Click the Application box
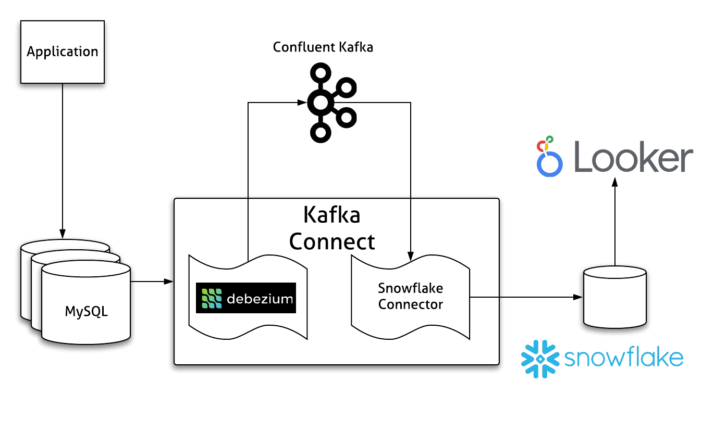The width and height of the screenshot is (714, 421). pos(63,52)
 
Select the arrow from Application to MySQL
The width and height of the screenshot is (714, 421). pos(63,156)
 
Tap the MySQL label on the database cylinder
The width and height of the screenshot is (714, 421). pos(86,312)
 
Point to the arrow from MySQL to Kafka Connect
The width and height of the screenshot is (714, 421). pos(151,282)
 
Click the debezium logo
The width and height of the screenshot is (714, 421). pos(245,298)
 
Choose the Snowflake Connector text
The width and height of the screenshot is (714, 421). pos(410,296)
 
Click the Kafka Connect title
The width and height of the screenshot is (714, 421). pos(332,228)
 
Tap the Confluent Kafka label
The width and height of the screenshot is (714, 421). pos(323,47)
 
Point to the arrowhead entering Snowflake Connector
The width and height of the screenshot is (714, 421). pos(411,256)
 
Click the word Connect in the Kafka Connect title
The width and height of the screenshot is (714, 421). pos(332,241)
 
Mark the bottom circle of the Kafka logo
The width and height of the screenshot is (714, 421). pos(321,132)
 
